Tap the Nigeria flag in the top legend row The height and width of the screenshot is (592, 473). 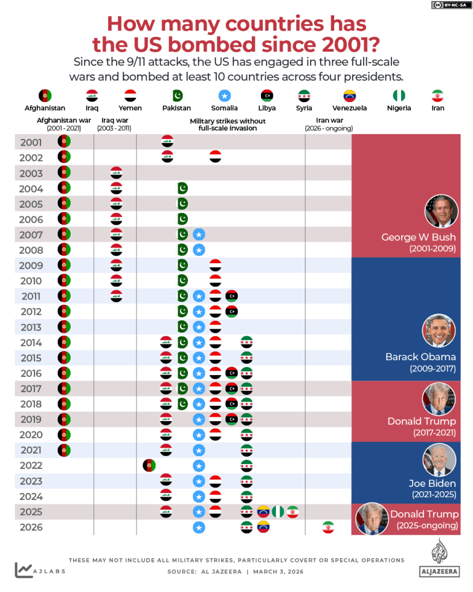click(399, 96)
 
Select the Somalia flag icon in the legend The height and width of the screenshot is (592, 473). click(224, 96)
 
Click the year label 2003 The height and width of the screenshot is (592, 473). click(31, 173)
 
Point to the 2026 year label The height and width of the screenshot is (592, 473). click(31, 527)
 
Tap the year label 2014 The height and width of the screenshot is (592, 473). click(31, 342)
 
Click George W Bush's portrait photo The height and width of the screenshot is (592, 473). click(441, 211)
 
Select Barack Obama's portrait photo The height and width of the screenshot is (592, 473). click(439, 331)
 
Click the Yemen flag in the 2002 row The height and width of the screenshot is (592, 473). click(215, 156)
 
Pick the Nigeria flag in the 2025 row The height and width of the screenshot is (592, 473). click(278, 511)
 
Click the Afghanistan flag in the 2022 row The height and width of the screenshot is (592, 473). click(149, 465)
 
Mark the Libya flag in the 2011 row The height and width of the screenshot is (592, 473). click(232, 296)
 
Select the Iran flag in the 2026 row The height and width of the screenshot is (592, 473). click(328, 527)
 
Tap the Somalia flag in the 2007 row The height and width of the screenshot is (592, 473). click(198, 234)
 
